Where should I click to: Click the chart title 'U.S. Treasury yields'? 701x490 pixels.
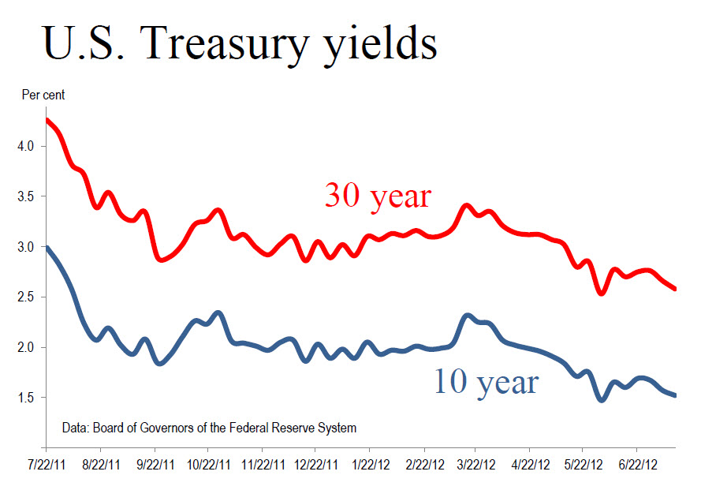pyautogui.click(x=240, y=43)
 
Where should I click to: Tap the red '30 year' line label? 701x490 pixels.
pyautogui.click(x=378, y=195)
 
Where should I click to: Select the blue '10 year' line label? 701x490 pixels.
pyautogui.click(x=486, y=382)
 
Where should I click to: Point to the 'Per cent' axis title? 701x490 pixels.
pyautogui.click(x=43, y=95)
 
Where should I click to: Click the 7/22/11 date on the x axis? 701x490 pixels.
pyautogui.click(x=47, y=466)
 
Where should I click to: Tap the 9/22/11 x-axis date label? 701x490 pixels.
pyautogui.click(x=156, y=466)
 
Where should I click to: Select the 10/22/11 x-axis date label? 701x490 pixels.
pyautogui.click(x=209, y=466)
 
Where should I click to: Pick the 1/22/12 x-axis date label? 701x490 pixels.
pyautogui.click(x=369, y=466)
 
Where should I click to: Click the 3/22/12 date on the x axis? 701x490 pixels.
pyautogui.click(x=476, y=466)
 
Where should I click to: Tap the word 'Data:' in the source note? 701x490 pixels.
pyautogui.click(x=76, y=428)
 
